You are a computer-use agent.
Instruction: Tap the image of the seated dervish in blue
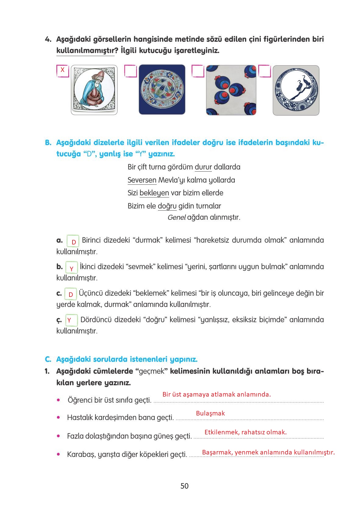94,90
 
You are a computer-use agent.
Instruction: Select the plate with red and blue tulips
162,90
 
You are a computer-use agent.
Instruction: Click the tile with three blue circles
231,90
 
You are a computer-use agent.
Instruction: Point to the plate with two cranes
296,90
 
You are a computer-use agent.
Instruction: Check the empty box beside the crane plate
264,71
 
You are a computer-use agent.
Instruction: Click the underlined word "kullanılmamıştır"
85,51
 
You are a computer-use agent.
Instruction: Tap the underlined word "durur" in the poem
203,167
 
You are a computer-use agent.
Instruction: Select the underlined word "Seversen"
142,180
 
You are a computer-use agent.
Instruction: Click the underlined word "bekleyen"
154,193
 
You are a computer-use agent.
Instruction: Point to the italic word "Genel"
176,218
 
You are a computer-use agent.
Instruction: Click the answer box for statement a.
73,241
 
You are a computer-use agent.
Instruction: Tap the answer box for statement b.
72,268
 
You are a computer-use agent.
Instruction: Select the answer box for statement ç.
71,320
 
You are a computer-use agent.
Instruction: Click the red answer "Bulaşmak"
210,413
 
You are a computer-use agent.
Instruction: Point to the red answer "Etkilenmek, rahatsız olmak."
245,432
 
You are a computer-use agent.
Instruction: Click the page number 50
184,486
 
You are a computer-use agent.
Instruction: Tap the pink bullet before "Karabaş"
59,454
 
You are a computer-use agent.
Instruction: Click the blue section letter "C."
48,359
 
